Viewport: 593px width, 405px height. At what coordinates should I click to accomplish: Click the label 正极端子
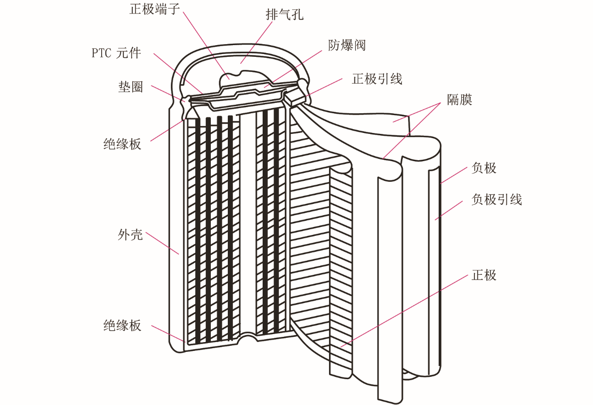click(154, 9)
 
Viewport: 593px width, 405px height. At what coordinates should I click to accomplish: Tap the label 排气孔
click(284, 14)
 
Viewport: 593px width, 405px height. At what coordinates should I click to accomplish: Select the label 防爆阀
click(347, 45)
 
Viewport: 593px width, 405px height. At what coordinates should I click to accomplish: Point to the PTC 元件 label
click(116, 53)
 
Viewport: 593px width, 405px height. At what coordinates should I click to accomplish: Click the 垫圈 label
click(130, 87)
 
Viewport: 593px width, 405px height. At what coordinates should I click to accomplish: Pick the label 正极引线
click(377, 79)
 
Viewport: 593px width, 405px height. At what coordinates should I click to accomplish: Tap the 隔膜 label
click(459, 100)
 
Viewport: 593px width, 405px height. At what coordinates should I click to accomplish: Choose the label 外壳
click(130, 234)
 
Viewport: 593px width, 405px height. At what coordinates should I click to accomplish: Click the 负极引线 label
click(497, 199)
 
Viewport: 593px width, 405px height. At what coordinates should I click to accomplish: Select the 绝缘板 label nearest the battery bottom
click(122, 325)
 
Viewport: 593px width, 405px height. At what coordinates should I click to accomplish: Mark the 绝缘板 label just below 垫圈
click(122, 144)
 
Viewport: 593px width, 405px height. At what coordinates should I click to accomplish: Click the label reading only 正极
click(484, 275)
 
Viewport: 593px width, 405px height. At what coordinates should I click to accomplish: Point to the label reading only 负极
click(484, 168)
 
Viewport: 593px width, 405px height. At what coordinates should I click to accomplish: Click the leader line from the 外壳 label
click(162, 243)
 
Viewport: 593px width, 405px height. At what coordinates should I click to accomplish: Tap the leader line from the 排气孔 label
click(256, 43)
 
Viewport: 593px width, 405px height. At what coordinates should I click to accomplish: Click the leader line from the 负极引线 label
click(449, 210)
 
